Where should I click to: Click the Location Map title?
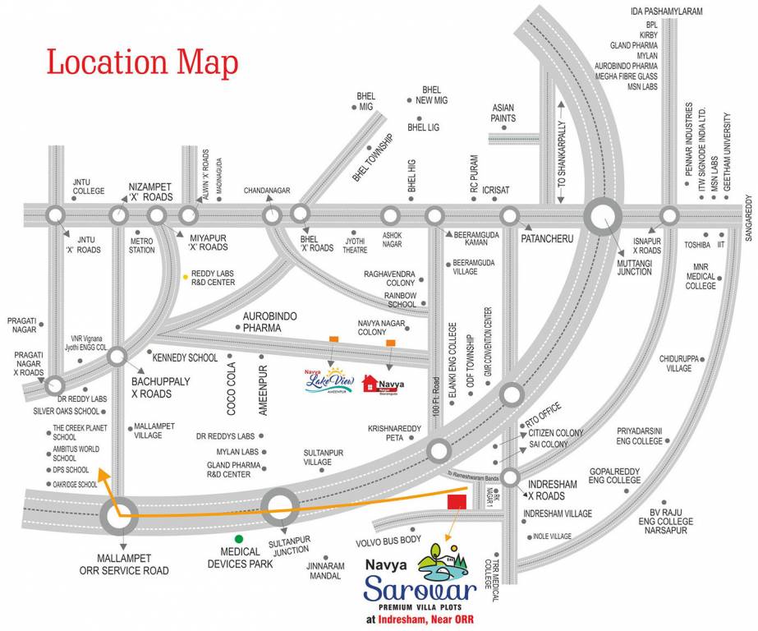pos(142,62)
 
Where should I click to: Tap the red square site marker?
pos(456,501)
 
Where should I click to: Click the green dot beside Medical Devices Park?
pos(239,538)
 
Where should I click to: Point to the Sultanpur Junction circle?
pos(279,507)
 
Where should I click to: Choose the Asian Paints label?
pos(503,113)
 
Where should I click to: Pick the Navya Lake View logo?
pos(328,380)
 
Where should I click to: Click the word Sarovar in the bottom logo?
pos(420,590)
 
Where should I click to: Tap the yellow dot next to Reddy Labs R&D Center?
pos(186,275)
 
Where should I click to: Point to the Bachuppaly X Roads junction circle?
pos(117,357)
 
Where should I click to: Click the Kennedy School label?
pos(186,358)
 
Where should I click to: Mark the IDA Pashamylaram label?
pos(669,12)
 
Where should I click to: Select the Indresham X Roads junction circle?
pos(510,477)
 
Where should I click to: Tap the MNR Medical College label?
pos(701,276)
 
